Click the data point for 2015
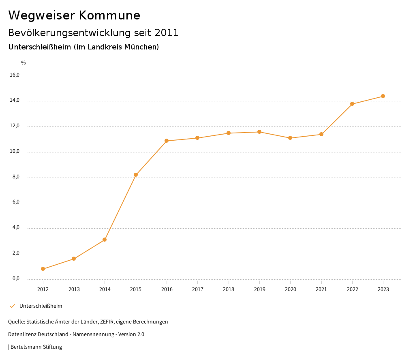click(136, 175)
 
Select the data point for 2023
click(383, 96)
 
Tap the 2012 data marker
click(43, 269)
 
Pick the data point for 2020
click(290, 138)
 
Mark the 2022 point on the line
click(352, 104)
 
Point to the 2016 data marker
click(167, 141)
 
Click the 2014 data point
click(105, 240)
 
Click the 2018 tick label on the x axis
click(229, 289)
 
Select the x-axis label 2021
click(321, 289)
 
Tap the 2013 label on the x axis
click(74, 289)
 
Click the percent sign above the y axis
click(24, 63)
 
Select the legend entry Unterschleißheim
click(41, 306)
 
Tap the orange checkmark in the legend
click(12, 306)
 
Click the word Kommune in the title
click(109, 15)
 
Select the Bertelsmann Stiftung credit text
click(36, 347)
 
